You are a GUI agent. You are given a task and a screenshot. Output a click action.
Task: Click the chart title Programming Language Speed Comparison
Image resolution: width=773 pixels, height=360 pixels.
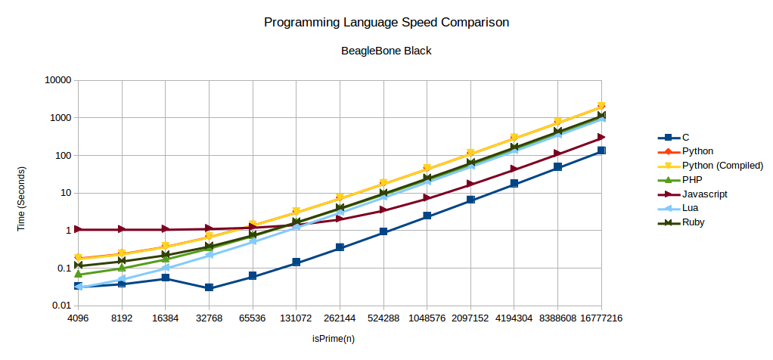pos(386,23)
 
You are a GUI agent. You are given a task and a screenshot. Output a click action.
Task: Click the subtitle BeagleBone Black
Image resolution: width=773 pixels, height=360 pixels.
pos(386,51)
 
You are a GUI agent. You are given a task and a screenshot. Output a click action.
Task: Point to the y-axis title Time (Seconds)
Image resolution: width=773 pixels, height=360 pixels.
pos(23,193)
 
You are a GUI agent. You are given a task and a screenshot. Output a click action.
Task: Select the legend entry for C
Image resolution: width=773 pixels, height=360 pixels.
pos(685,138)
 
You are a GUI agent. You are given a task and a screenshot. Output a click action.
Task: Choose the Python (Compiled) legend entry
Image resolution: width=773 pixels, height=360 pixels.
pos(722,166)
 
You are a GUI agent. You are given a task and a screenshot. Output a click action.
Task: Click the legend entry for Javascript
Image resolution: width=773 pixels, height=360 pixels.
pos(704,194)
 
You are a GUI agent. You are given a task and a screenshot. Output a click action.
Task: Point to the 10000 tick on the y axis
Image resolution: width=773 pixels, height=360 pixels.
pos(57,80)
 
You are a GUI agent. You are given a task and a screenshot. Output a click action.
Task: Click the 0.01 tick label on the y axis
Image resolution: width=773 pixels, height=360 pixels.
pos(61,306)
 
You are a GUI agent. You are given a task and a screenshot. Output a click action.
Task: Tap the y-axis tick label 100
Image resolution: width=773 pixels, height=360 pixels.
pos(62,155)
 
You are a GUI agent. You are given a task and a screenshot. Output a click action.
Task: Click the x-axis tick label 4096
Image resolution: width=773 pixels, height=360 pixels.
pos(78,319)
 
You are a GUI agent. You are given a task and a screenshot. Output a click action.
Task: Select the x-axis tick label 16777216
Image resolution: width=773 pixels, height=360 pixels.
pos(601,319)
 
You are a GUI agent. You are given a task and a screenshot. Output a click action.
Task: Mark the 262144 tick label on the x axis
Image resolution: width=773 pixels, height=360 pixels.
pos(340,319)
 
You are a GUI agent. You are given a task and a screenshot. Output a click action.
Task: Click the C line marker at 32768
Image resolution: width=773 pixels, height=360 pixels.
pos(209,288)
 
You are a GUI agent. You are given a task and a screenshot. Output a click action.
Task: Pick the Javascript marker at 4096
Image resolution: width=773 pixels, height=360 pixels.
pos(78,229)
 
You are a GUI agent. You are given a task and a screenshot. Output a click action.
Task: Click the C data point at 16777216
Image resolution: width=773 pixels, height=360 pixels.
pos(601,151)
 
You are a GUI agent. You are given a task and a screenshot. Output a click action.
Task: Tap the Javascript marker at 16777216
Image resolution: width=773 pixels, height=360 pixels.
pos(601,137)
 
